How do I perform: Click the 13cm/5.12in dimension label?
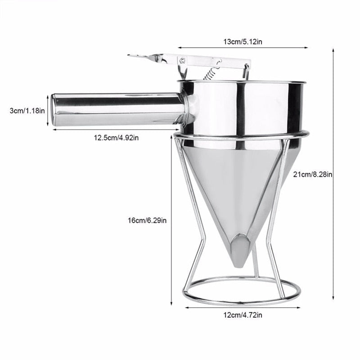[x=243, y=41]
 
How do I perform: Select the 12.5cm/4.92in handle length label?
[x=116, y=138]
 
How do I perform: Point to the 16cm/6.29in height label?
[x=147, y=220]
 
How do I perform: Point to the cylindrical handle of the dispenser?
[x=117, y=109]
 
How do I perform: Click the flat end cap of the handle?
[x=54, y=110]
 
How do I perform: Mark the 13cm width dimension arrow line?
[x=243, y=47]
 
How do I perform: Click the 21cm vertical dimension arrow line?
[x=333, y=175]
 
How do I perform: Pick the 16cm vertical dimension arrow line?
[x=171, y=220]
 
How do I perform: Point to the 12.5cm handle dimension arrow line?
[x=116, y=130]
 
